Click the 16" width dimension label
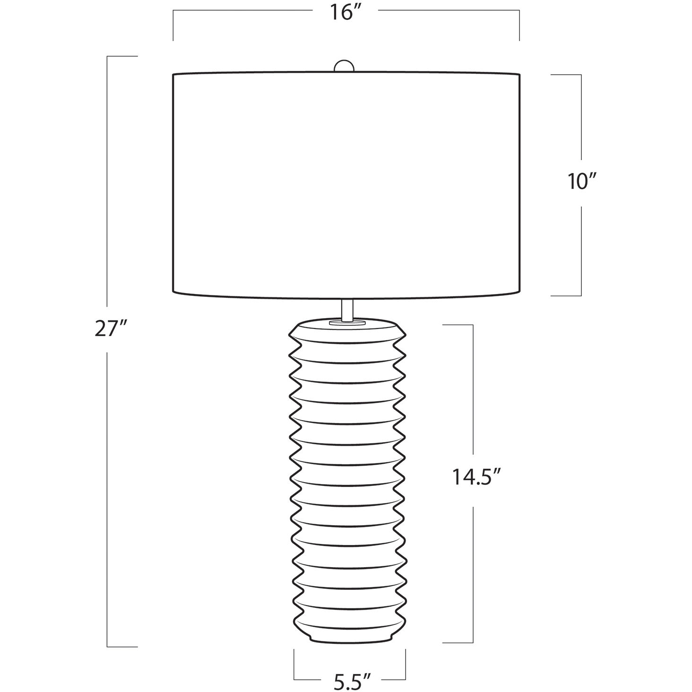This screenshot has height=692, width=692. (345, 13)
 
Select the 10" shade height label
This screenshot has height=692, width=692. (582, 181)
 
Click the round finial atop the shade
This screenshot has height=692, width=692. (344, 67)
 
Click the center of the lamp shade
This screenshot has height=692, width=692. (346, 186)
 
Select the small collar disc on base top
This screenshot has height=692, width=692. (347, 323)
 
